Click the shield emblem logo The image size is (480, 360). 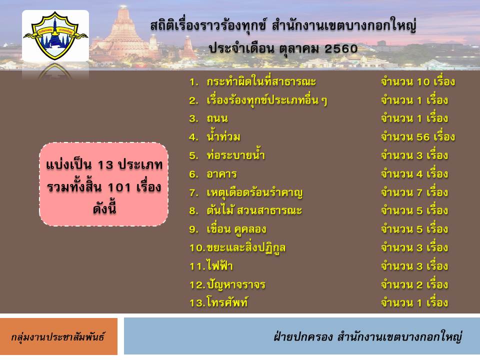pyautogui.click(x=55, y=35)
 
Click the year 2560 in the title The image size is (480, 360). pyautogui.click(x=340, y=48)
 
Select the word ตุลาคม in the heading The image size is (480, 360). pyautogui.click(x=299, y=49)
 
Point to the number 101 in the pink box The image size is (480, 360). pyautogui.click(x=119, y=187)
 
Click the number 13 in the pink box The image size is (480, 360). pyautogui.click(x=105, y=165)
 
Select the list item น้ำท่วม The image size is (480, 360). pyautogui.click(x=223, y=136)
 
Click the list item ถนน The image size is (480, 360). pyautogui.click(x=217, y=118)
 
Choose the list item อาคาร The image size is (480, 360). pyautogui.click(x=221, y=174)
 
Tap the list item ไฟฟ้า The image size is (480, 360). pyautogui.click(x=220, y=265)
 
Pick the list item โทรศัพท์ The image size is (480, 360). pyautogui.click(x=227, y=302)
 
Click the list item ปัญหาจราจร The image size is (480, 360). pyautogui.click(x=235, y=284)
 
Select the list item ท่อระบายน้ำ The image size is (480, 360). pyautogui.click(x=235, y=155)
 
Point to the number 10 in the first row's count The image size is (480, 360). pyautogui.click(x=423, y=82)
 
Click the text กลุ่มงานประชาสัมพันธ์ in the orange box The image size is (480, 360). pyautogui.click(x=58, y=337)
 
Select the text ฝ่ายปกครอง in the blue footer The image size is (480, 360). pyautogui.click(x=303, y=336)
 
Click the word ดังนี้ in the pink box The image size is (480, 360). pyautogui.click(x=104, y=208)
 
